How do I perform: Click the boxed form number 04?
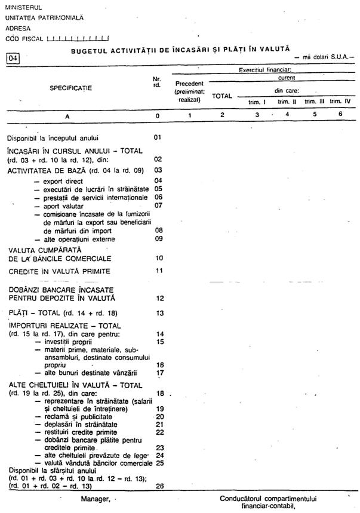coord(13,58)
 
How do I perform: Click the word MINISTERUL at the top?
coord(23,7)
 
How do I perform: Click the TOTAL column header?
coord(222,96)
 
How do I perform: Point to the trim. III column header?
coord(314,102)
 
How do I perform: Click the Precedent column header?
coord(190,83)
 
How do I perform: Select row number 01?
coord(158,138)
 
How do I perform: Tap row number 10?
coord(159,259)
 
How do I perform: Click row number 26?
coord(159,486)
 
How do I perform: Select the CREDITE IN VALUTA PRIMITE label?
coord(59,271)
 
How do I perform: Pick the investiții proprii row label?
coord(67,342)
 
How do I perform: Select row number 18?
coord(159,393)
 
